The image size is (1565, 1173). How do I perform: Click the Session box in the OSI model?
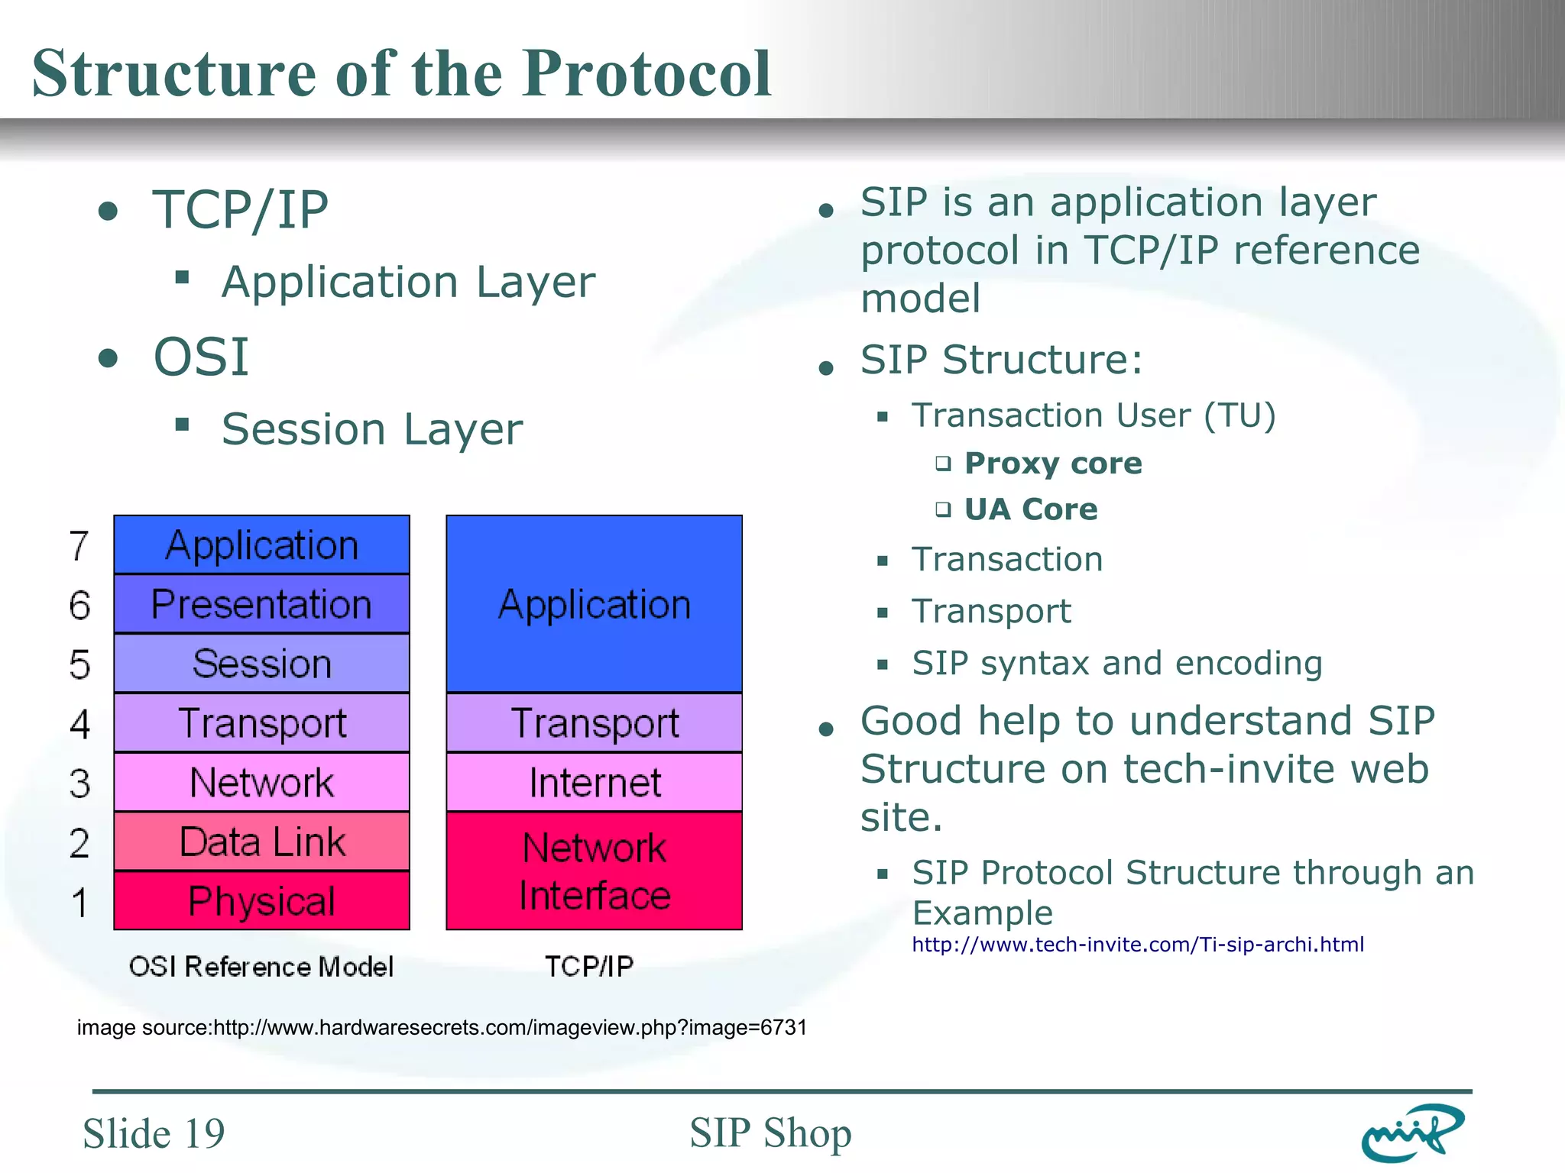coord(261,663)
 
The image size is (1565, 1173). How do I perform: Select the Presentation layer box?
coord(261,604)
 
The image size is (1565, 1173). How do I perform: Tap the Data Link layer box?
coord(261,842)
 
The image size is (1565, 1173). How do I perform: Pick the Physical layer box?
coord(261,901)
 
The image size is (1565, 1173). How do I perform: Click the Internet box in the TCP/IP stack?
coord(594,783)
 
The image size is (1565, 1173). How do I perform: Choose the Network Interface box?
coord(594,871)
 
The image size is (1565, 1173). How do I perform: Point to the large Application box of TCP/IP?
coord(594,604)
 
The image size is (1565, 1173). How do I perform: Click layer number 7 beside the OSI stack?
coord(79,546)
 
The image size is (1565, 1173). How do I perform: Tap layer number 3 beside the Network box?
coord(79,784)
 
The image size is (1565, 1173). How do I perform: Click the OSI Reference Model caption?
coord(261,967)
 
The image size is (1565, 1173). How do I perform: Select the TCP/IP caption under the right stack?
coord(589,967)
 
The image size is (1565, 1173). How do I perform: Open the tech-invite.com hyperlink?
coord(1137,945)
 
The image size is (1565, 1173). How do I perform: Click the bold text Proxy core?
coord(1052,464)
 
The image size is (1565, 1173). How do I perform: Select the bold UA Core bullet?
coord(1030,509)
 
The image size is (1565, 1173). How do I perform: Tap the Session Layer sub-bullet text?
coord(371,429)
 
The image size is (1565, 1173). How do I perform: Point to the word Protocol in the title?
coord(646,74)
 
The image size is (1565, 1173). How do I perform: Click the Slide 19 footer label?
coord(154,1133)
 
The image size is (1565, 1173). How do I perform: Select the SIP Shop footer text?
coord(770,1133)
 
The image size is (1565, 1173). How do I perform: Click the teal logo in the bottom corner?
coord(1412,1133)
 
